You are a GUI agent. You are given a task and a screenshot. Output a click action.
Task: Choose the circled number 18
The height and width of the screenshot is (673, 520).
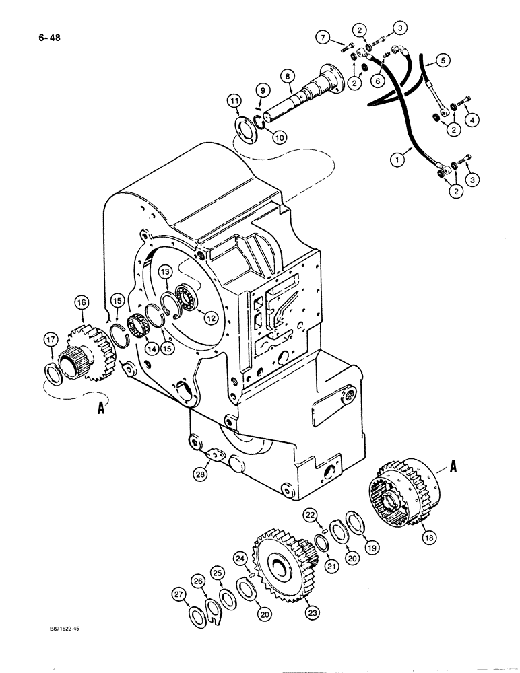tap(426, 537)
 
